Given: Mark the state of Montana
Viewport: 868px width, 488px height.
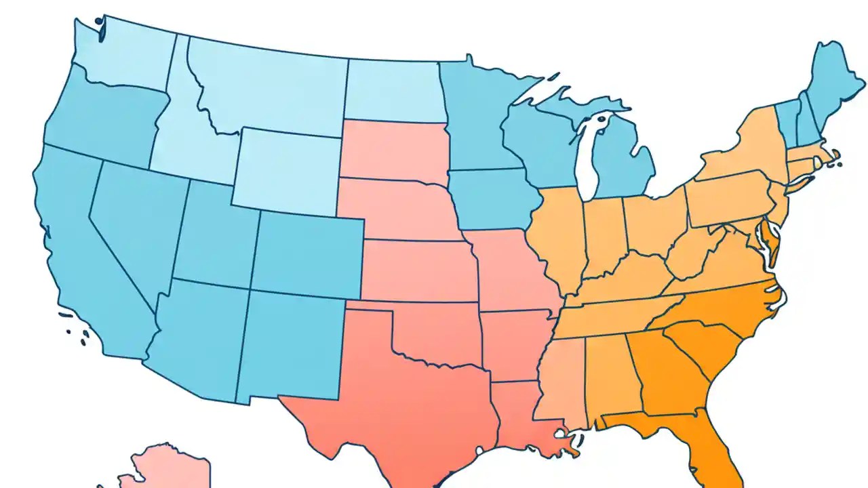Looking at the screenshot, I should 271,88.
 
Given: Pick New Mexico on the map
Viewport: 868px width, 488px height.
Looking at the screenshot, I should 292,346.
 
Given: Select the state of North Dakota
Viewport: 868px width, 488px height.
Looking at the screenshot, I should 393,91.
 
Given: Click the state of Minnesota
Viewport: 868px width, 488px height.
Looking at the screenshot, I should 475,115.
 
